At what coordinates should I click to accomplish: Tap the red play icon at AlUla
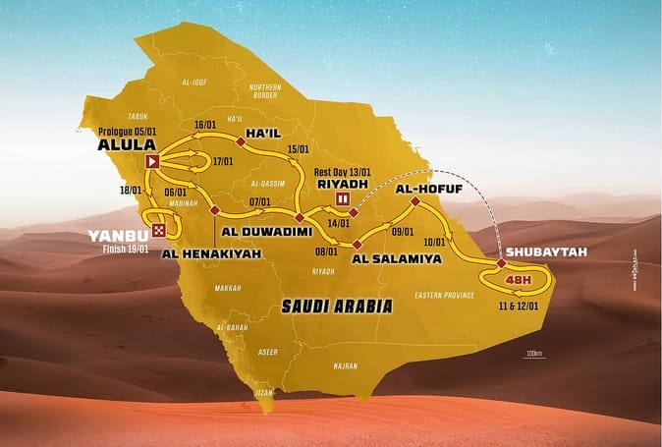click(152, 162)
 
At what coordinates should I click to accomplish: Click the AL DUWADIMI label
click(267, 232)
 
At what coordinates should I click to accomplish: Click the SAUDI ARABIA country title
click(337, 307)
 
